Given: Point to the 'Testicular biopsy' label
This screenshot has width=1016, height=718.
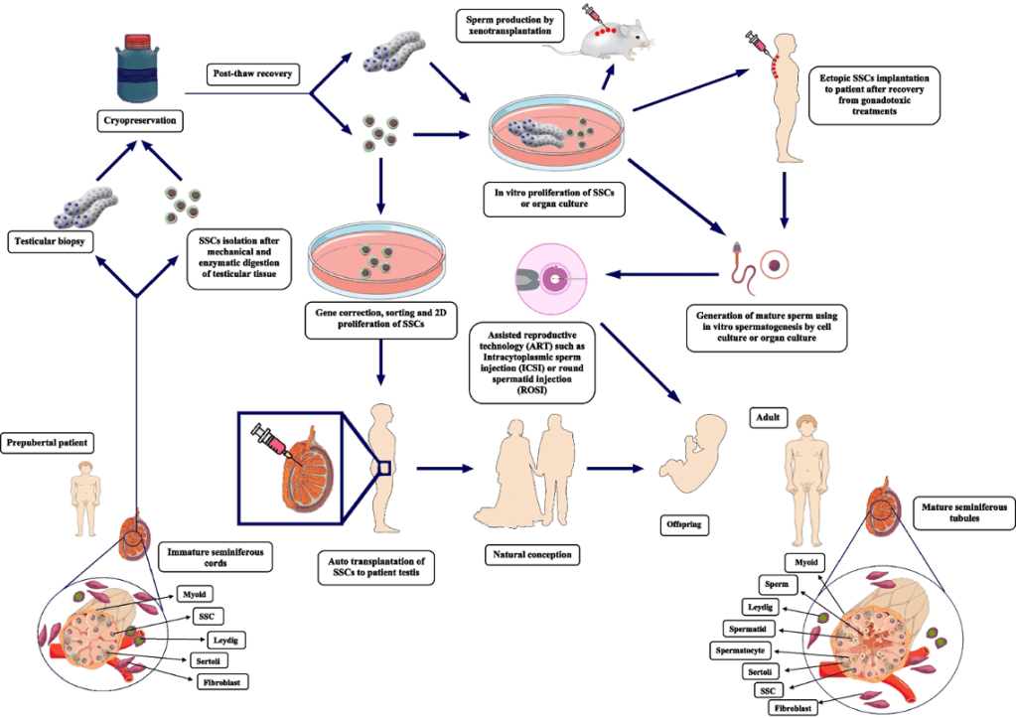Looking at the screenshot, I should (52, 239).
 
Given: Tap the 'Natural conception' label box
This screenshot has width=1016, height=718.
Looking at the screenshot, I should (536, 553).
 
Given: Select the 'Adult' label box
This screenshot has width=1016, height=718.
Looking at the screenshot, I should (766, 418).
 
